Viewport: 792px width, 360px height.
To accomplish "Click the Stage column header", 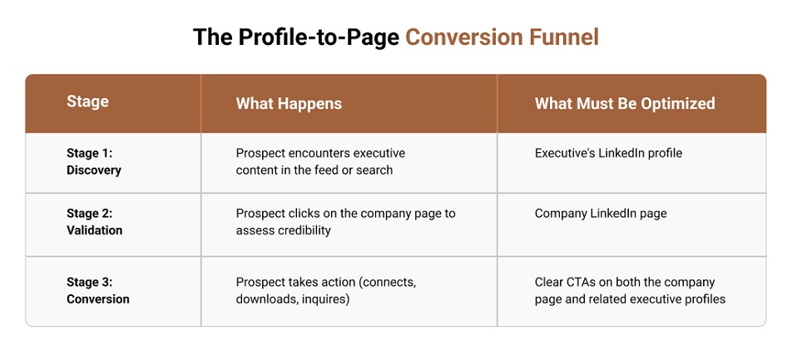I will coord(87,102).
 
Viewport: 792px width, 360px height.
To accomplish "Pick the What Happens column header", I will coord(289,104).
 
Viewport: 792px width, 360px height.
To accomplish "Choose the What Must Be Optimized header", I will coord(625,104).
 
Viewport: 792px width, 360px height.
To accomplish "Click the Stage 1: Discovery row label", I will coord(94,162).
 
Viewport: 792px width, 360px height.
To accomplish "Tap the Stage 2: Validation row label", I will coord(94,222).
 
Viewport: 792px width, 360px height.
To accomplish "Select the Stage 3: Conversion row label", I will coord(98,290).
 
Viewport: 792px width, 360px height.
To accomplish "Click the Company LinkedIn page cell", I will coord(601,214).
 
